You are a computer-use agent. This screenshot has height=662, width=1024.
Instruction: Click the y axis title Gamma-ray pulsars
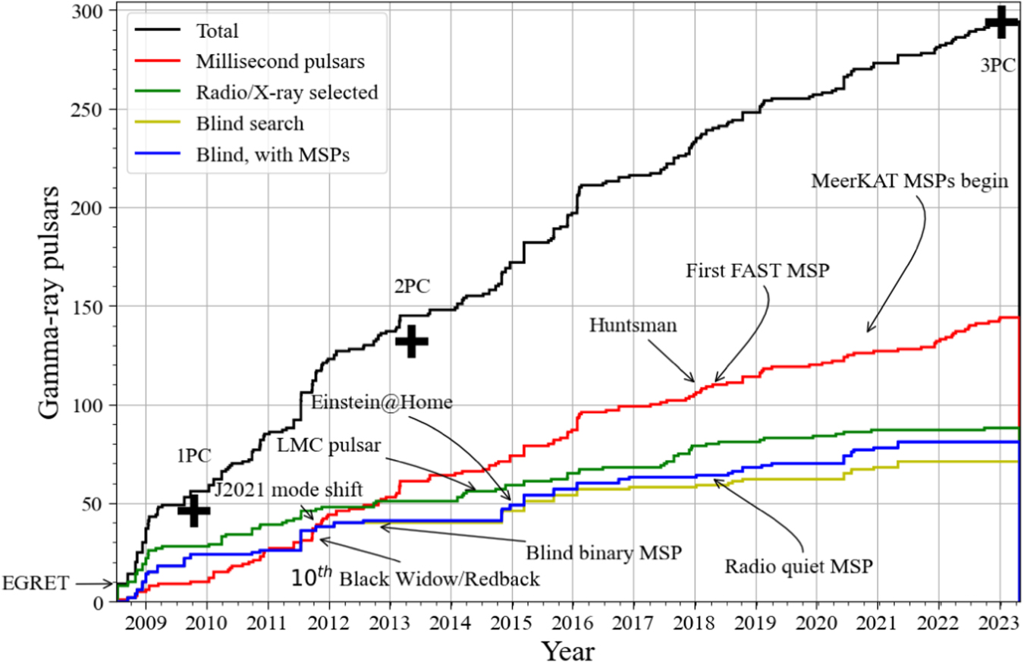(52, 304)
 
